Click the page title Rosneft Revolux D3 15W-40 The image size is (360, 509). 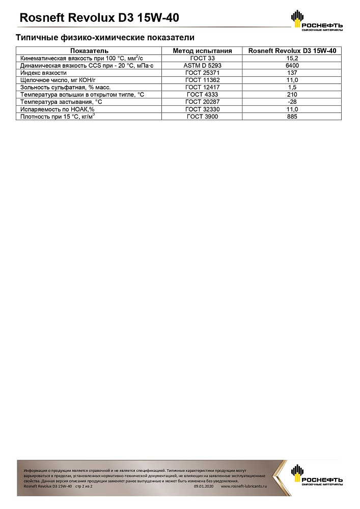(99, 18)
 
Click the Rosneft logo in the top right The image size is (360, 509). (316, 20)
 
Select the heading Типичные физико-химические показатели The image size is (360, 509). (105, 38)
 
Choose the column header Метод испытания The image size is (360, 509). (202, 51)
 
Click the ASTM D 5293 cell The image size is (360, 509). (202, 66)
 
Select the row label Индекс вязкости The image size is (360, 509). (43, 73)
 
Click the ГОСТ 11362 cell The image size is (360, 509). (202, 80)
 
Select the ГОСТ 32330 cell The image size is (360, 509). (202, 109)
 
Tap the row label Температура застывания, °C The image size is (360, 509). (60, 102)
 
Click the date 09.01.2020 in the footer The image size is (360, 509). (204, 487)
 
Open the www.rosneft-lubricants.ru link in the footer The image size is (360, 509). (244, 487)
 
